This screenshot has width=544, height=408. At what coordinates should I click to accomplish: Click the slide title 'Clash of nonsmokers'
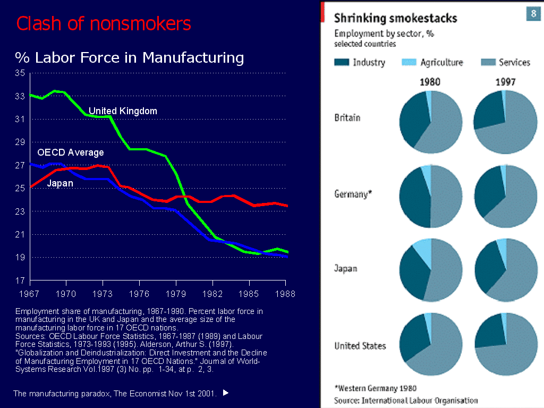coord(104,24)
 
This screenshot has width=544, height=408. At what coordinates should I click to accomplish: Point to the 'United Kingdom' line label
coord(123,111)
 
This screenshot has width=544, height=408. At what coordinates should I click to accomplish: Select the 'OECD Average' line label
coord(71,152)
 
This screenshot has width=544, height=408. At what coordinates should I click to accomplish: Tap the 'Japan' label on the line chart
coord(60,183)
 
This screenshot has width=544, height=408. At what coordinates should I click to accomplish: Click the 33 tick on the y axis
coord(20,96)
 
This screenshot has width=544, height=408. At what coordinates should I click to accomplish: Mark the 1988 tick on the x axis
coord(286,293)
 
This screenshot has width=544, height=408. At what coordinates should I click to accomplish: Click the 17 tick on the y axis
coord(20,280)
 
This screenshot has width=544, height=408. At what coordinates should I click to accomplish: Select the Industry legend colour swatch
coord(342,63)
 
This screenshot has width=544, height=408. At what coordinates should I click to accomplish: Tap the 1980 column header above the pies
coord(430,82)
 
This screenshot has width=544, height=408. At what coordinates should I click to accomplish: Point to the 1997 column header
coord(506,82)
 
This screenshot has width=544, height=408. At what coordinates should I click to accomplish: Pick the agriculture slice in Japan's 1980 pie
coord(424,249)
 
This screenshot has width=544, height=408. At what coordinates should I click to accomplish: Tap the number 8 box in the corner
coord(533,13)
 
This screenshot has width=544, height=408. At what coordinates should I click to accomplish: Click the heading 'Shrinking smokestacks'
coord(395,19)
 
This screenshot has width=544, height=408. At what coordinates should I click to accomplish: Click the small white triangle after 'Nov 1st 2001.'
coord(225,393)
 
